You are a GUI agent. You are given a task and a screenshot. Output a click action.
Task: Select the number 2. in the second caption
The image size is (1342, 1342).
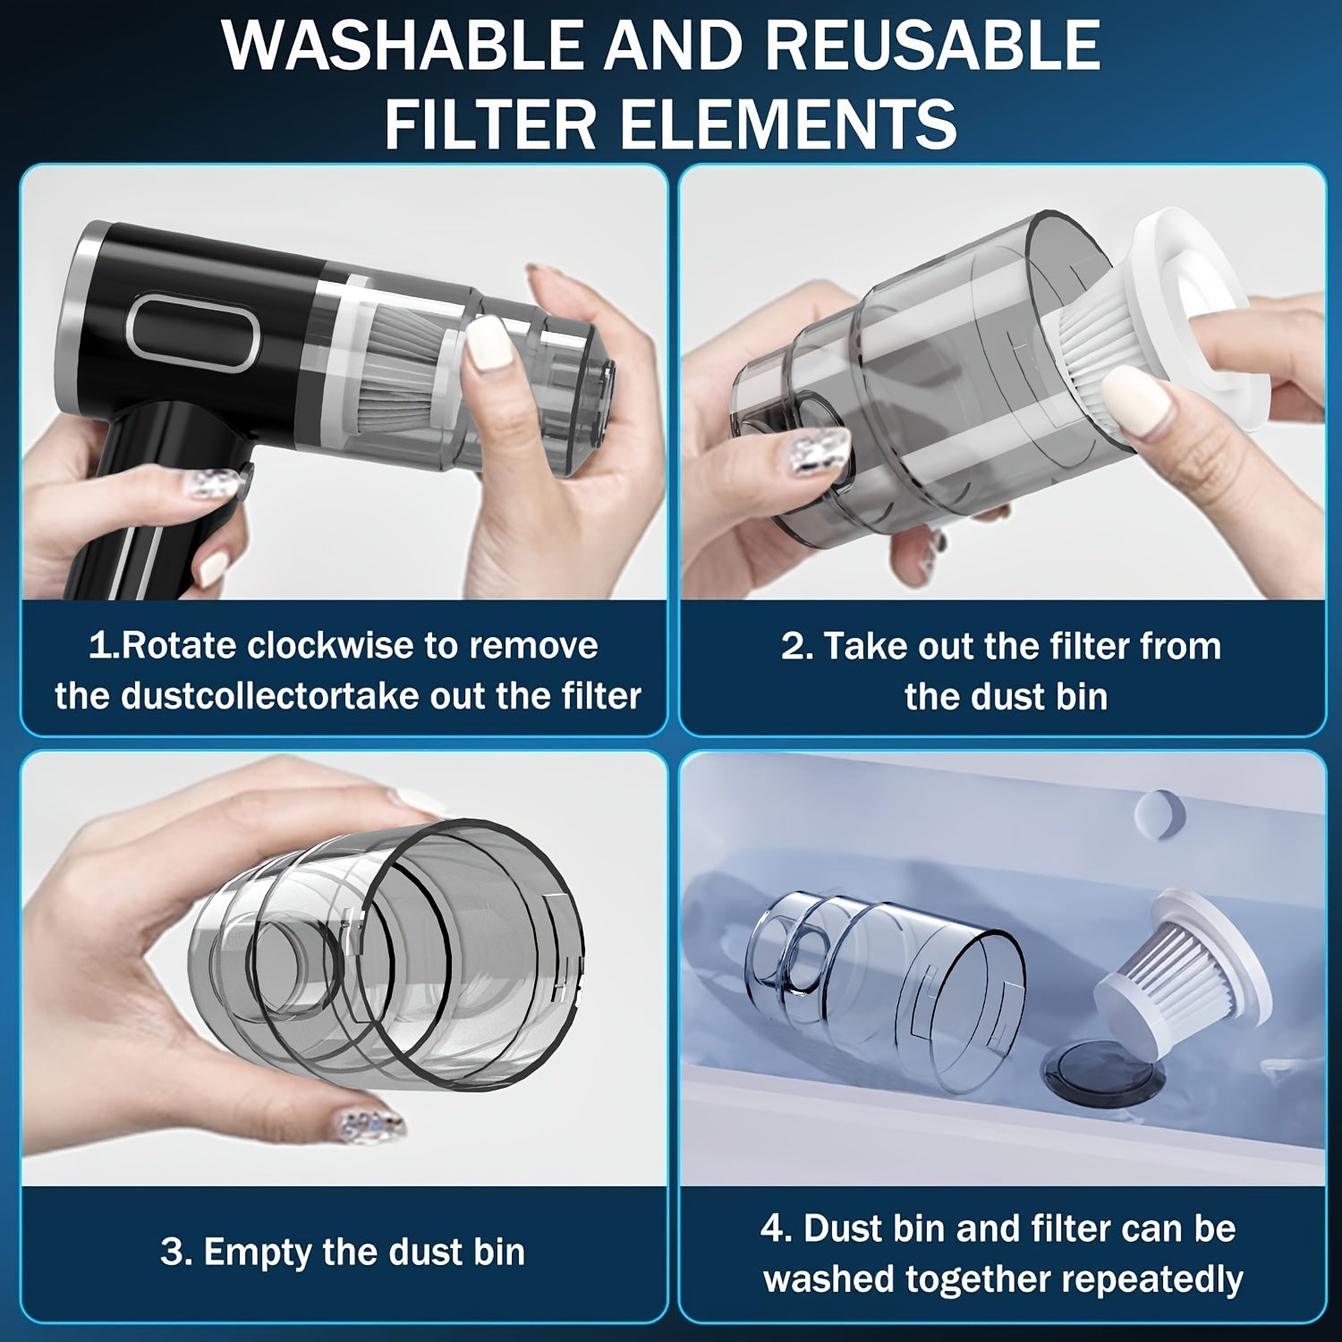[796, 646]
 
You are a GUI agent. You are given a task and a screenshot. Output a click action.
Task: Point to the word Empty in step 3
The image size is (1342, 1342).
[259, 1253]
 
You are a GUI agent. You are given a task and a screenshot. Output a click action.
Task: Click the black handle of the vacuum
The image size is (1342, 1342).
[134, 501]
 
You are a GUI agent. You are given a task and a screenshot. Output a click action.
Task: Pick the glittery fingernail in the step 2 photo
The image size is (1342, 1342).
[819, 447]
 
